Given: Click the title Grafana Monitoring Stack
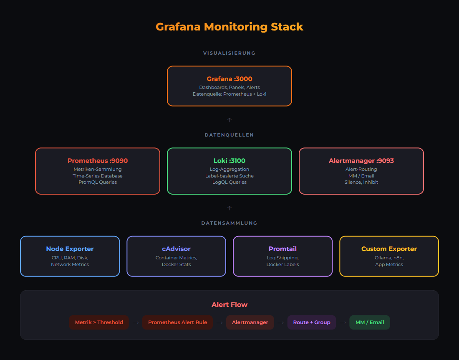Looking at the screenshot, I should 229,27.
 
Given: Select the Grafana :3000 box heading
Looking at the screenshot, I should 229,79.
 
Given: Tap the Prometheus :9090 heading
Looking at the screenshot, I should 98,161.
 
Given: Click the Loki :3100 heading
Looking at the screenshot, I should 229,161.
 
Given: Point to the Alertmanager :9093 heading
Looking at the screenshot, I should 361,161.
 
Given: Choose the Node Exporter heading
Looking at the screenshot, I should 70,249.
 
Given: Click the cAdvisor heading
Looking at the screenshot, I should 176,249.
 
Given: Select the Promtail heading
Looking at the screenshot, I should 282,249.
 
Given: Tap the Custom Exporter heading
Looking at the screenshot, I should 389,249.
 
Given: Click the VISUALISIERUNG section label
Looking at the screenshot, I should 229,53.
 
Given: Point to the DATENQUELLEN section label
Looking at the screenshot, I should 229,135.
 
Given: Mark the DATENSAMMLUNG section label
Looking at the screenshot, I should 229,223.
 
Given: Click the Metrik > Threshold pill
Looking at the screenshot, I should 99,322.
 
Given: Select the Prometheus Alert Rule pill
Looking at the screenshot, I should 177,322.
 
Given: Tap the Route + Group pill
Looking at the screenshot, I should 311,322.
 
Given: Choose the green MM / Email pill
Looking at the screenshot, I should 369,322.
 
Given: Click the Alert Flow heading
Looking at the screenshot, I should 229,305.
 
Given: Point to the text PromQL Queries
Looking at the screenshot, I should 98,182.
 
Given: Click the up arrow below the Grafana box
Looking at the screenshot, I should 229,120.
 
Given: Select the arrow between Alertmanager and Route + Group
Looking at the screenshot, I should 280,322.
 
